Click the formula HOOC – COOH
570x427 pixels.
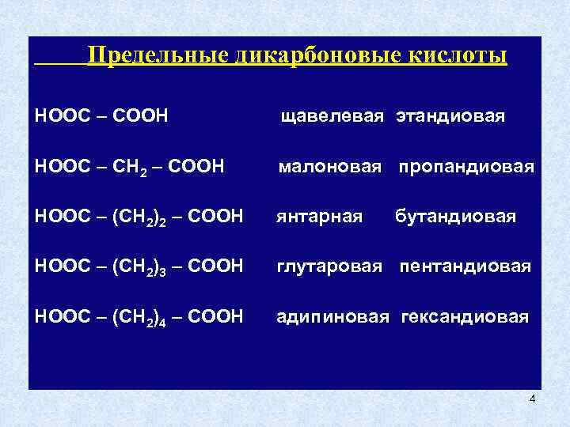[101, 116]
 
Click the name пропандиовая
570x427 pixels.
[465, 167]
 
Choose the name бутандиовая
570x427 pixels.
[455, 217]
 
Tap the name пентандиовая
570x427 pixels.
[465, 266]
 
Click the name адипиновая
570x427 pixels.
[332, 316]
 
